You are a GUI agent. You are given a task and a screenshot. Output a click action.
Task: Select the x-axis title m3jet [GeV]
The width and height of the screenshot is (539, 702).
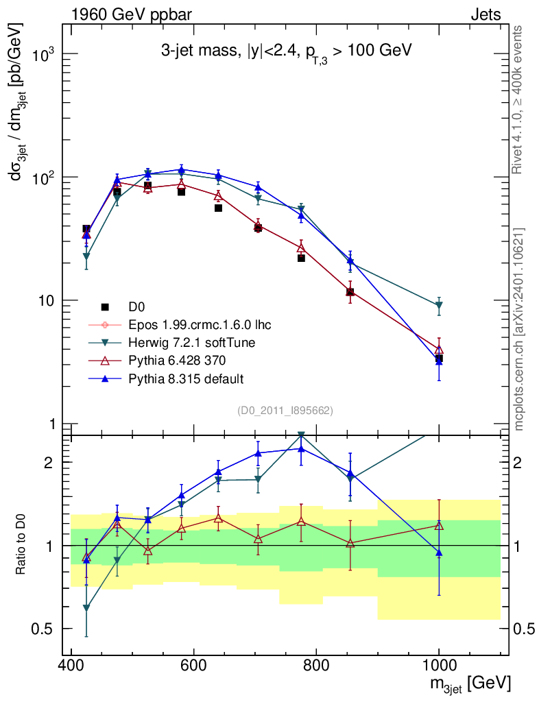(x=470, y=684)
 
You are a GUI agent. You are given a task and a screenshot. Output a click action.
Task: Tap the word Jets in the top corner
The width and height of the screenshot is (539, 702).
(x=486, y=14)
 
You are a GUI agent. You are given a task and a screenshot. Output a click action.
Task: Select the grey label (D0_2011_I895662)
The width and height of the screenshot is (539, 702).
(x=285, y=411)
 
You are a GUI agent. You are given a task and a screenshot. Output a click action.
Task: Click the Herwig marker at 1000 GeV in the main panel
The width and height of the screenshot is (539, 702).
(x=439, y=306)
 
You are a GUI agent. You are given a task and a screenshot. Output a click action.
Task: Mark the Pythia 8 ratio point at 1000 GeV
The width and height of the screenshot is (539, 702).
(x=439, y=553)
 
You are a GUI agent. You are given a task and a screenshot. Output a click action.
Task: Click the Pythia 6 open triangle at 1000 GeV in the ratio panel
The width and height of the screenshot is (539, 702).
(x=439, y=526)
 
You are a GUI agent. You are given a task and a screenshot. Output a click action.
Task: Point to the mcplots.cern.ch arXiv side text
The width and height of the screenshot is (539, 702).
(x=519, y=329)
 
